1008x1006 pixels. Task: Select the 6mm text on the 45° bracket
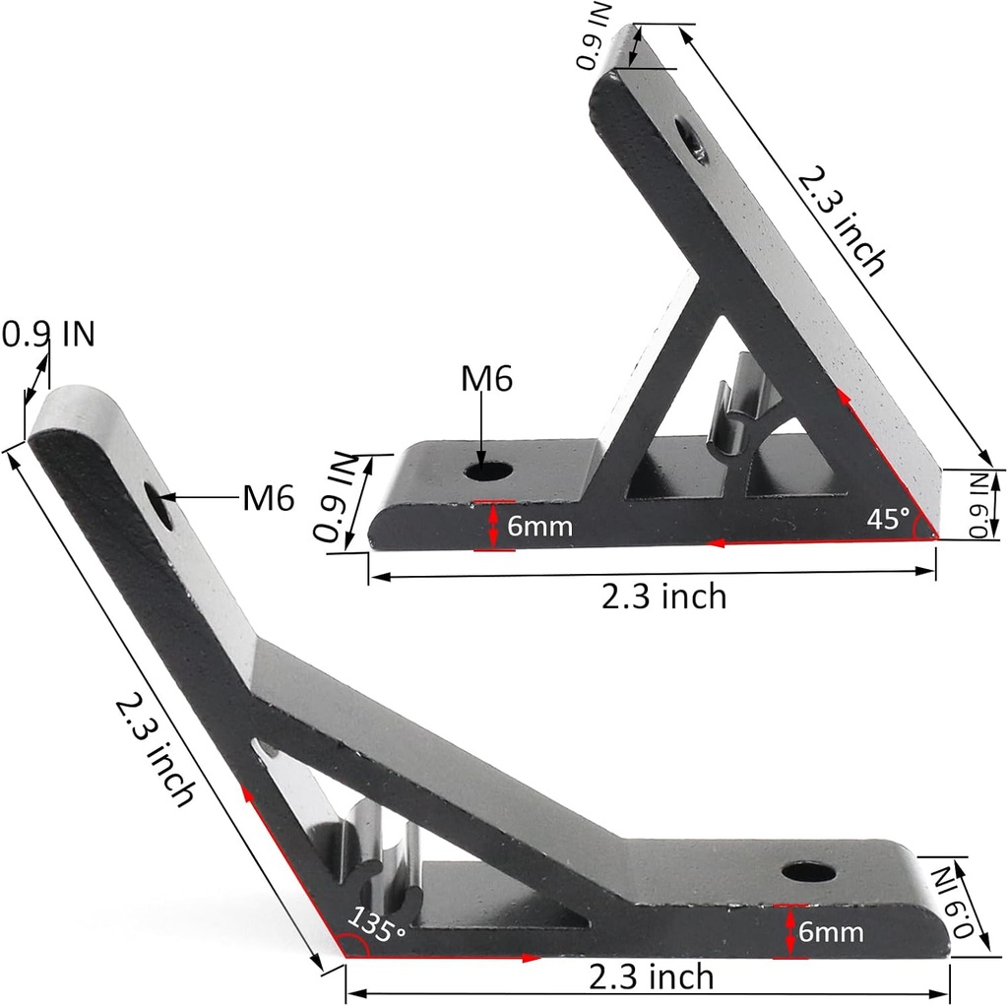click(x=539, y=526)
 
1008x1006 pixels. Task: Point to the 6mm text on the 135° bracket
click(x=831, y=931)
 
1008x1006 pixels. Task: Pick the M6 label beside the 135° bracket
click(x=268, y=500)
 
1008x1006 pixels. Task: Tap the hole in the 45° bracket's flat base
click(x=488, y=471)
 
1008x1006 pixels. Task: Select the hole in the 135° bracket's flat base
click(x=807, y=871)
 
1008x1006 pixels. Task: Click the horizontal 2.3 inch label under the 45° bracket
click(x=664, y=596)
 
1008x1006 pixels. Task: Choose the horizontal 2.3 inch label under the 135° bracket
click(x=651, y=977)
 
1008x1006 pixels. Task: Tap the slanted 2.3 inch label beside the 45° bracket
click(x=842, y=220)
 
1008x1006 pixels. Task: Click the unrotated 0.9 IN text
click(x=48, y=335)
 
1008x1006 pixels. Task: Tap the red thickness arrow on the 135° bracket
click(x=790, y=931)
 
